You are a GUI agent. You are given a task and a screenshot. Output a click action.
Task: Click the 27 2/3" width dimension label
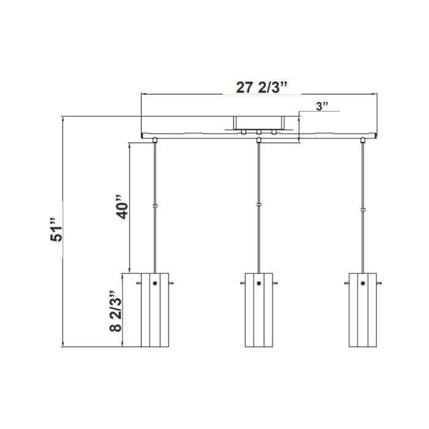pos(262,87)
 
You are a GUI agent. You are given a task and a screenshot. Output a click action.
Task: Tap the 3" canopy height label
pos(322,106)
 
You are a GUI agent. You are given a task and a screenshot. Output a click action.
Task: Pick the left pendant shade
pos(154,309)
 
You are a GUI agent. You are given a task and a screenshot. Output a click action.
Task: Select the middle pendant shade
pos(259,309)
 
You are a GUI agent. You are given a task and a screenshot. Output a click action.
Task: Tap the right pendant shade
pos(363,309)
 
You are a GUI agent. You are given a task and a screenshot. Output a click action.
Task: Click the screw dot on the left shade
pos(155,283)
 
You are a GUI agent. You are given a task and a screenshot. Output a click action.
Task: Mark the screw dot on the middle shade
pos(259,283)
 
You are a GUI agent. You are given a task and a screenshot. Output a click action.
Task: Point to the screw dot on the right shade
pos(363,283)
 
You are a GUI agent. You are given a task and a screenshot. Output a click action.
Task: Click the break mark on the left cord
pos(156,207)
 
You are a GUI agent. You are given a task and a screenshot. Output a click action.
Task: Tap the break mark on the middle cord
pos(259,205)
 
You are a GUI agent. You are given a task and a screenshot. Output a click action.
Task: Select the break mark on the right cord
pos(363,208)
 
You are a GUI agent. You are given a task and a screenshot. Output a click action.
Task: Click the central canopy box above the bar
pos(259,123)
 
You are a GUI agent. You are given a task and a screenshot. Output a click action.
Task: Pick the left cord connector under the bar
pos(156,140)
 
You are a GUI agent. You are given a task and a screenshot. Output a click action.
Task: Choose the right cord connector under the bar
pos(363,140)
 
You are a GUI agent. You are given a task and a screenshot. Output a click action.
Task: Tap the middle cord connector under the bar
pos(259,140)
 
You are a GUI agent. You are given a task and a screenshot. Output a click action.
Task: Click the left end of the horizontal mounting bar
pos(142,135)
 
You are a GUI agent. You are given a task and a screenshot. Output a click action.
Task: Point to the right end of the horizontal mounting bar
pos(376,135)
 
